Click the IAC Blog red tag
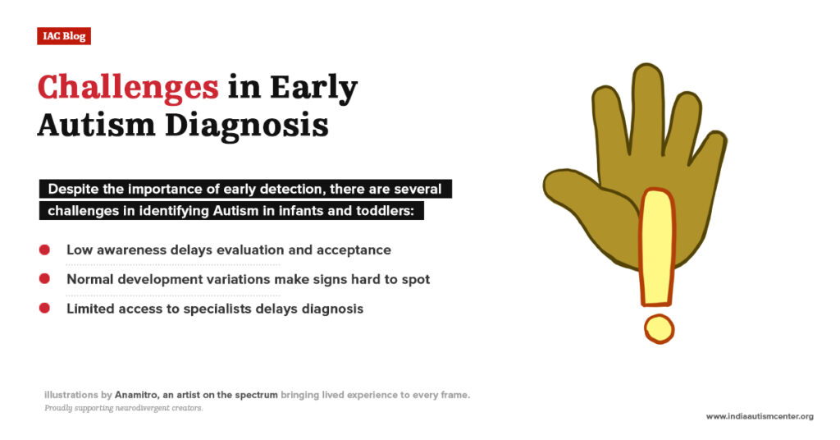(x=64, y=36)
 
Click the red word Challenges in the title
(x=128, y=87)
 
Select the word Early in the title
(x=316, y=87)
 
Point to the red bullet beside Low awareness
(x=44, y=250)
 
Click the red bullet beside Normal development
(x=44, y=279)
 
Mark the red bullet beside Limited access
(x=44, y=309)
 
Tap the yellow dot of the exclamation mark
(x=659, y=328)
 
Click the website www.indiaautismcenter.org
(x=760, y=416)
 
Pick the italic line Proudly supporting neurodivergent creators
(x=123, y=408)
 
